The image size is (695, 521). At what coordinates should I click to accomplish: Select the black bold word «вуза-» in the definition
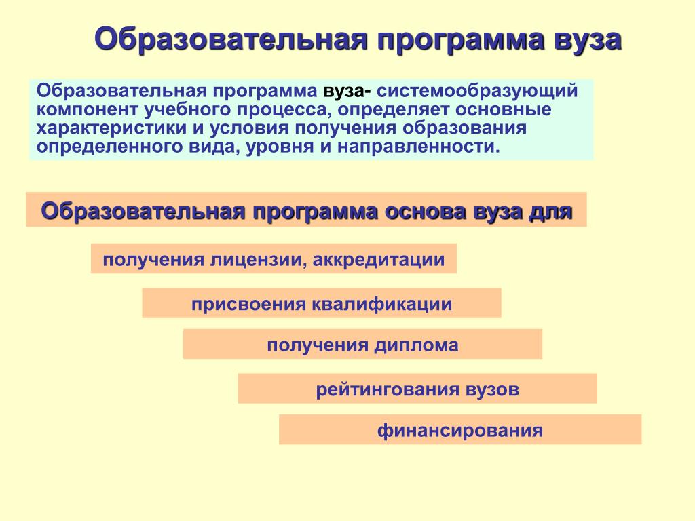tap(347, 91)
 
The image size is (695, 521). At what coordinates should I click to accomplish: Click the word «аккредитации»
tap(379, 260)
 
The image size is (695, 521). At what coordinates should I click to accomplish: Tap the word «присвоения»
tap(248, 305)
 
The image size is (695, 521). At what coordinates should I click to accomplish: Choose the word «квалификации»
tap(382, 305)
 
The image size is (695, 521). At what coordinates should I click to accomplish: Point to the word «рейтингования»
tap(388, 390)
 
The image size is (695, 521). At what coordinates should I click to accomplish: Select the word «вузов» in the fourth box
tap(492, 390)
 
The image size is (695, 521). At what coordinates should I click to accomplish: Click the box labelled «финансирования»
tap(460, 429)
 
